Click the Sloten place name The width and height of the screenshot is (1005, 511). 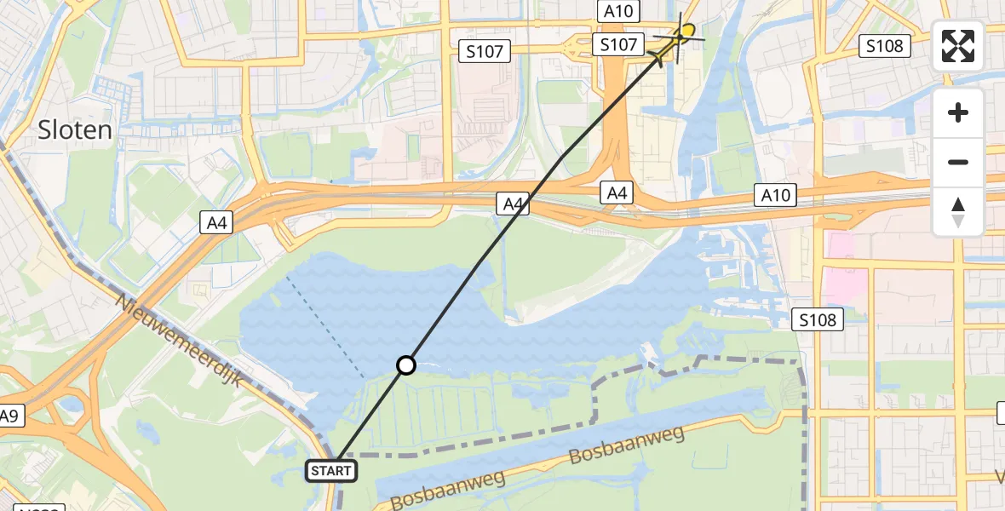tap(75, 129)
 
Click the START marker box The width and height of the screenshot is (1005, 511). tap(330, 471)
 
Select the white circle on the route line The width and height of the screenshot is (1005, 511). tap(406, 365)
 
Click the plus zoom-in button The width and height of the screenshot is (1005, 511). tap(958, 112)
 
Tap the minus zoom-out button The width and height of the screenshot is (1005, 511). tap(958, 162)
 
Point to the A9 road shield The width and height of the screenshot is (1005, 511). tap(9, 416)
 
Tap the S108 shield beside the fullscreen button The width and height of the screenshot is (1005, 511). tap(883, 46)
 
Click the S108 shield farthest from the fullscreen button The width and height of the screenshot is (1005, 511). tap(818, 320)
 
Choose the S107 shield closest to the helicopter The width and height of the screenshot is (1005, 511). tap(618, 45)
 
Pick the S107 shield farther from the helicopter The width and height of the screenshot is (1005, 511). tap(485, 51)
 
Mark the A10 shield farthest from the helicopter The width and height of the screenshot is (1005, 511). tap(776, 196)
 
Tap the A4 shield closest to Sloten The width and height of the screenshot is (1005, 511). tap(216, 223)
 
